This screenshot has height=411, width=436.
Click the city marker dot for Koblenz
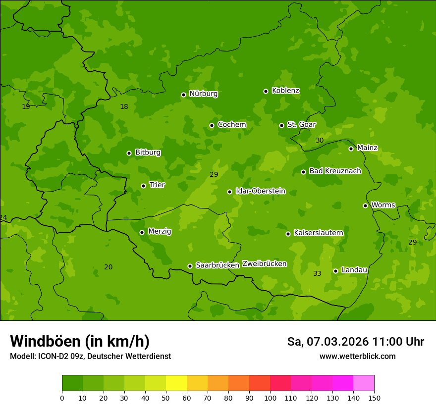pos(266,91)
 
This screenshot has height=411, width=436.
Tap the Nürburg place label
pos(203,94)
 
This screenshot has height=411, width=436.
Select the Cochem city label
pos(231,125)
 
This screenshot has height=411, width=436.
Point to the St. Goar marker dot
pos(281,125)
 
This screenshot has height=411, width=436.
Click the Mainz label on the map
pos(367,148)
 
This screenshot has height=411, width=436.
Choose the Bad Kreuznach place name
pos(335,171)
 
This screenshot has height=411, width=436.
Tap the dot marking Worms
pos(365,205)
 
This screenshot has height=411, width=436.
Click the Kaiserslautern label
pos(318,233)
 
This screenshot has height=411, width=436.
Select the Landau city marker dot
pos(335,271)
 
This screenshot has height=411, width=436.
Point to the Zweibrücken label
pos(264,264)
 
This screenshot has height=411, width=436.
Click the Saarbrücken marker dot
pos(190,266)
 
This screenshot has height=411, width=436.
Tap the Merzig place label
pos(160,231)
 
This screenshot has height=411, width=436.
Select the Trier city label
pos(157,185)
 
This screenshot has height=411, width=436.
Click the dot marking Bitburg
pos(129,153)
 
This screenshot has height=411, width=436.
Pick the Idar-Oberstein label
pos(260,191)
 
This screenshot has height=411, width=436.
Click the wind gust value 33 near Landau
pos(317,274)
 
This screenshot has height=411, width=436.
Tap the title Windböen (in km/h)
pos(80,341)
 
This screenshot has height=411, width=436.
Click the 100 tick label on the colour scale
pos(270,397)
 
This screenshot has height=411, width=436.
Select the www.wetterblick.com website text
pos(357,356)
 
